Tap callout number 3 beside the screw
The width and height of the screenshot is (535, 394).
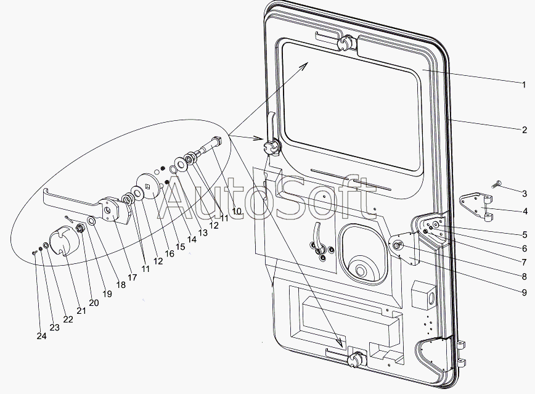(524, 194)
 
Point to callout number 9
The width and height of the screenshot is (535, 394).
(524, 292)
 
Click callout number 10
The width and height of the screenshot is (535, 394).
(237, 211)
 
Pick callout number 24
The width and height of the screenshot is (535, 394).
(42, 336)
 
